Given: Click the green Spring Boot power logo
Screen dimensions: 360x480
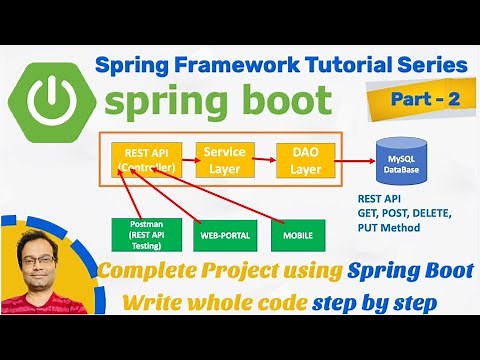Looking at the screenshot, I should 49,100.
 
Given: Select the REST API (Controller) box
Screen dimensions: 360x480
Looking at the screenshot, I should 146,159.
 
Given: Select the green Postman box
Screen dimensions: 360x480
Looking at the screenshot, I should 134,234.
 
